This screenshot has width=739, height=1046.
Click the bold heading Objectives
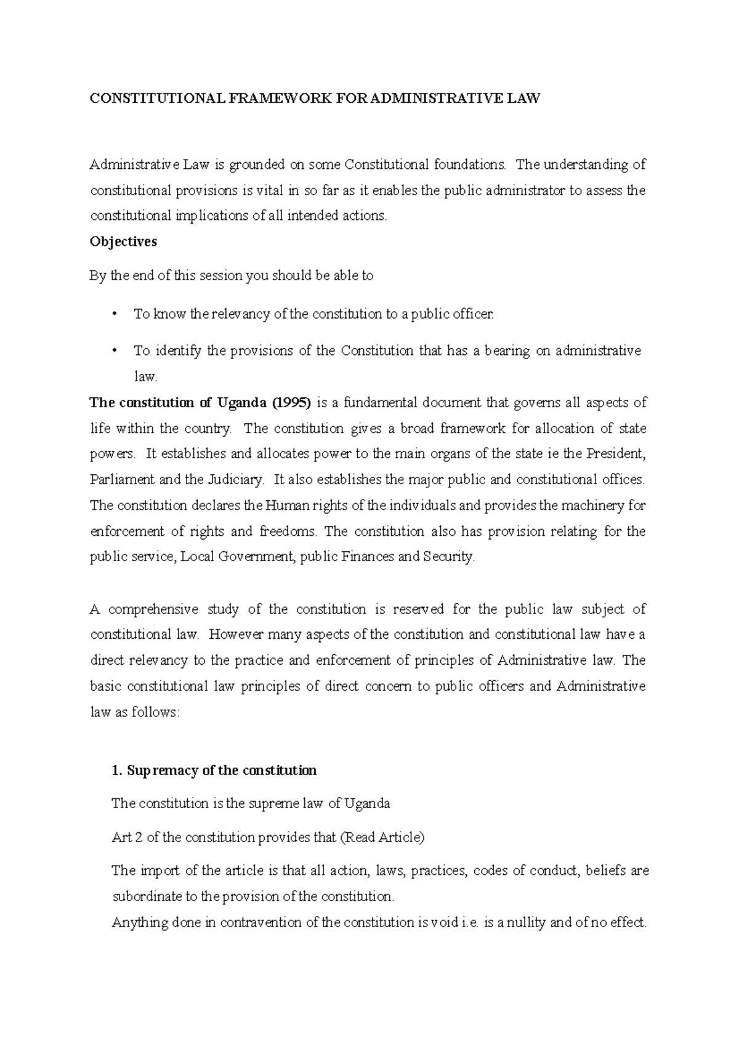[123, 241]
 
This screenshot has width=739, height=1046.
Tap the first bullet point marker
[114, 314]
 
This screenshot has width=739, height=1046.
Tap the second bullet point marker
[114, 351]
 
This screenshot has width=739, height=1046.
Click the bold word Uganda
[241, 403]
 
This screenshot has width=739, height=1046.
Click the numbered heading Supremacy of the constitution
[214, 771]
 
